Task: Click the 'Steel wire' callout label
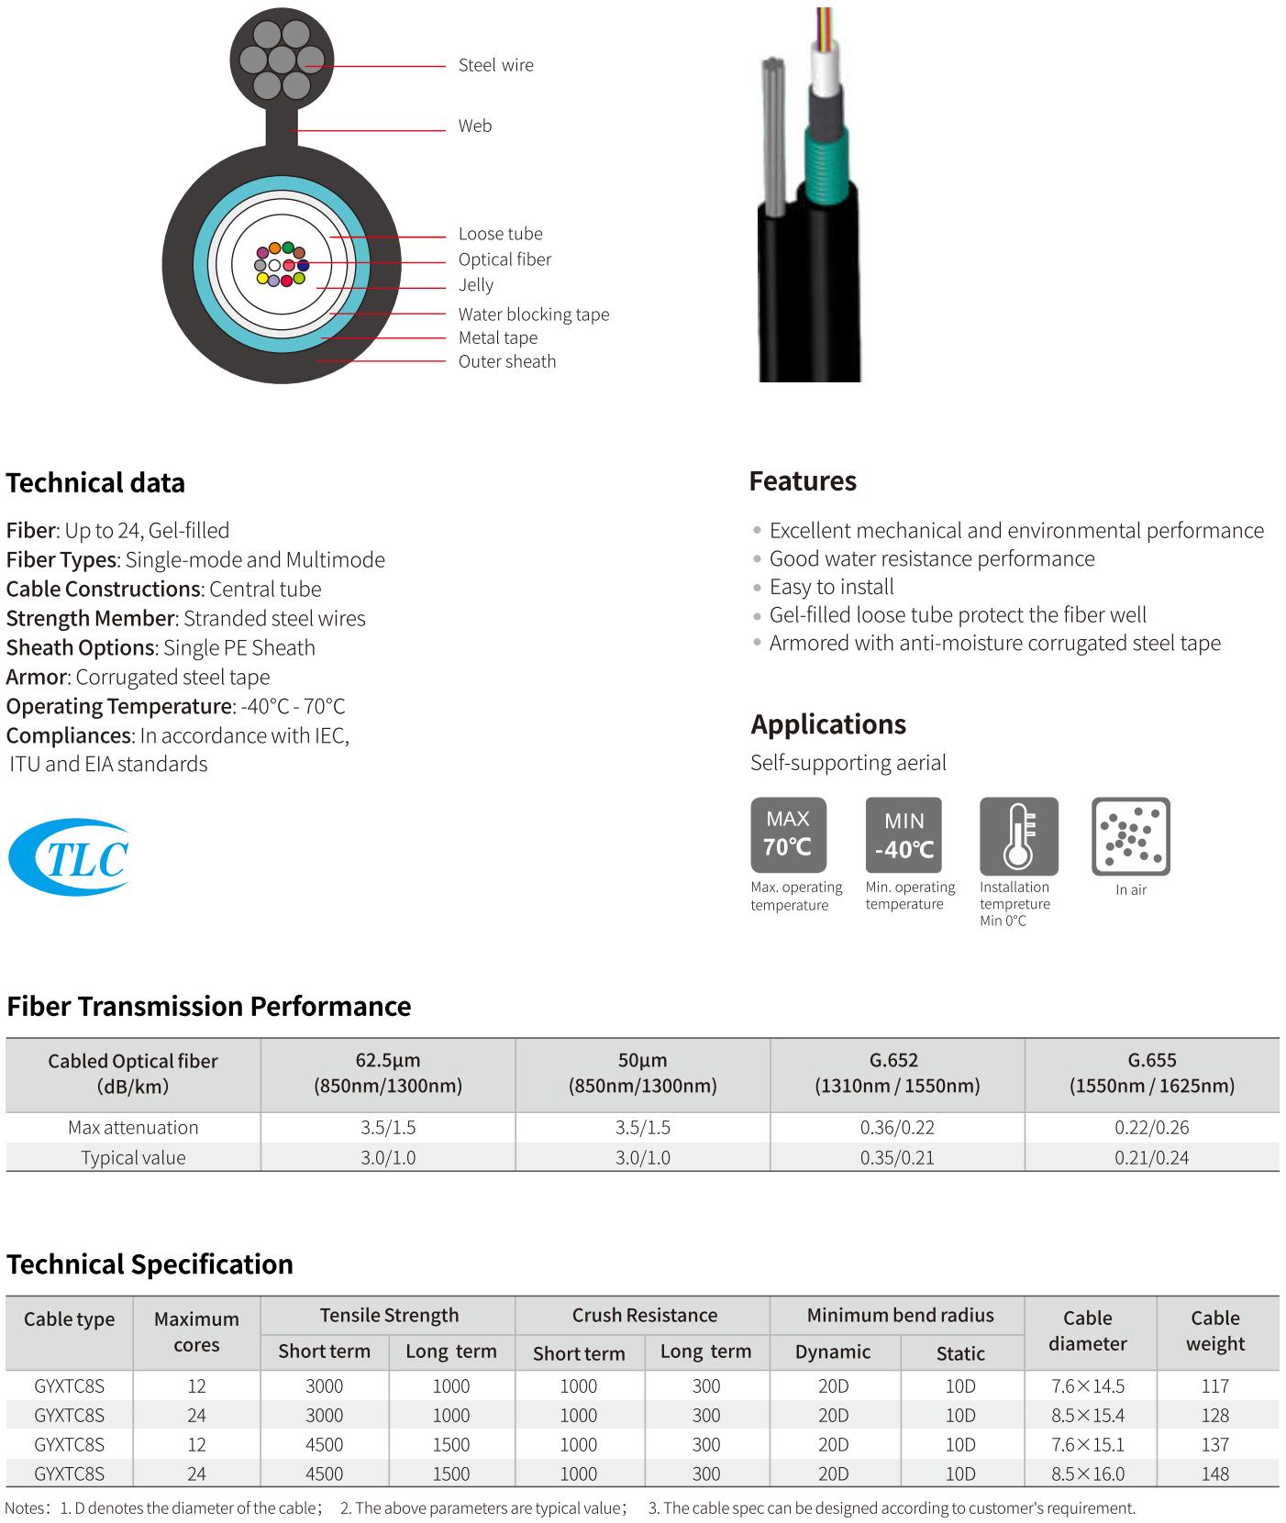(495, 65)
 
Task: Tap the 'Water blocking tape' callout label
(533, 315)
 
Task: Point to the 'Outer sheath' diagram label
(506, 361)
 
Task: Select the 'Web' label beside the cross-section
(474, 127)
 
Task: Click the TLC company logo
(69, 857)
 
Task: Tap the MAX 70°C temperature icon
(788, 833)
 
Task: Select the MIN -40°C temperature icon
(903, 834)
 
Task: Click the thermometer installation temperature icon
(1018, 835)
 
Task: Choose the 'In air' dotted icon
(1130, 835)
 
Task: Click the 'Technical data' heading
(95, 483)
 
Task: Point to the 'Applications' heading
(827, 724)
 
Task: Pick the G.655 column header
(1151, 1074)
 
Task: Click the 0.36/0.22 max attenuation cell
(897, 1128)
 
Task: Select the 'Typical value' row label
(133, 1157)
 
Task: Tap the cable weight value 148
(1214, 1473)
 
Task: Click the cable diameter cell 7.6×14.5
(1087, 1385)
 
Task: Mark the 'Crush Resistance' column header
(644, 1315)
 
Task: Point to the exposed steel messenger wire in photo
(772, 138)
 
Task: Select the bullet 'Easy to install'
(831, 587)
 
